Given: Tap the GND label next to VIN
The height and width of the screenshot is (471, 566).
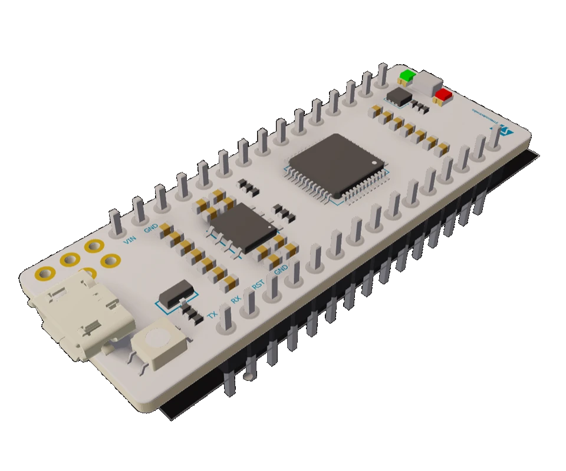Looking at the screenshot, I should coord(151,227).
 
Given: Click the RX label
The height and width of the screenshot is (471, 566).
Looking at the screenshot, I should coord(235,299).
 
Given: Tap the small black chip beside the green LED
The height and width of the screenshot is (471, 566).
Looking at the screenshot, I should coord(399,96).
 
